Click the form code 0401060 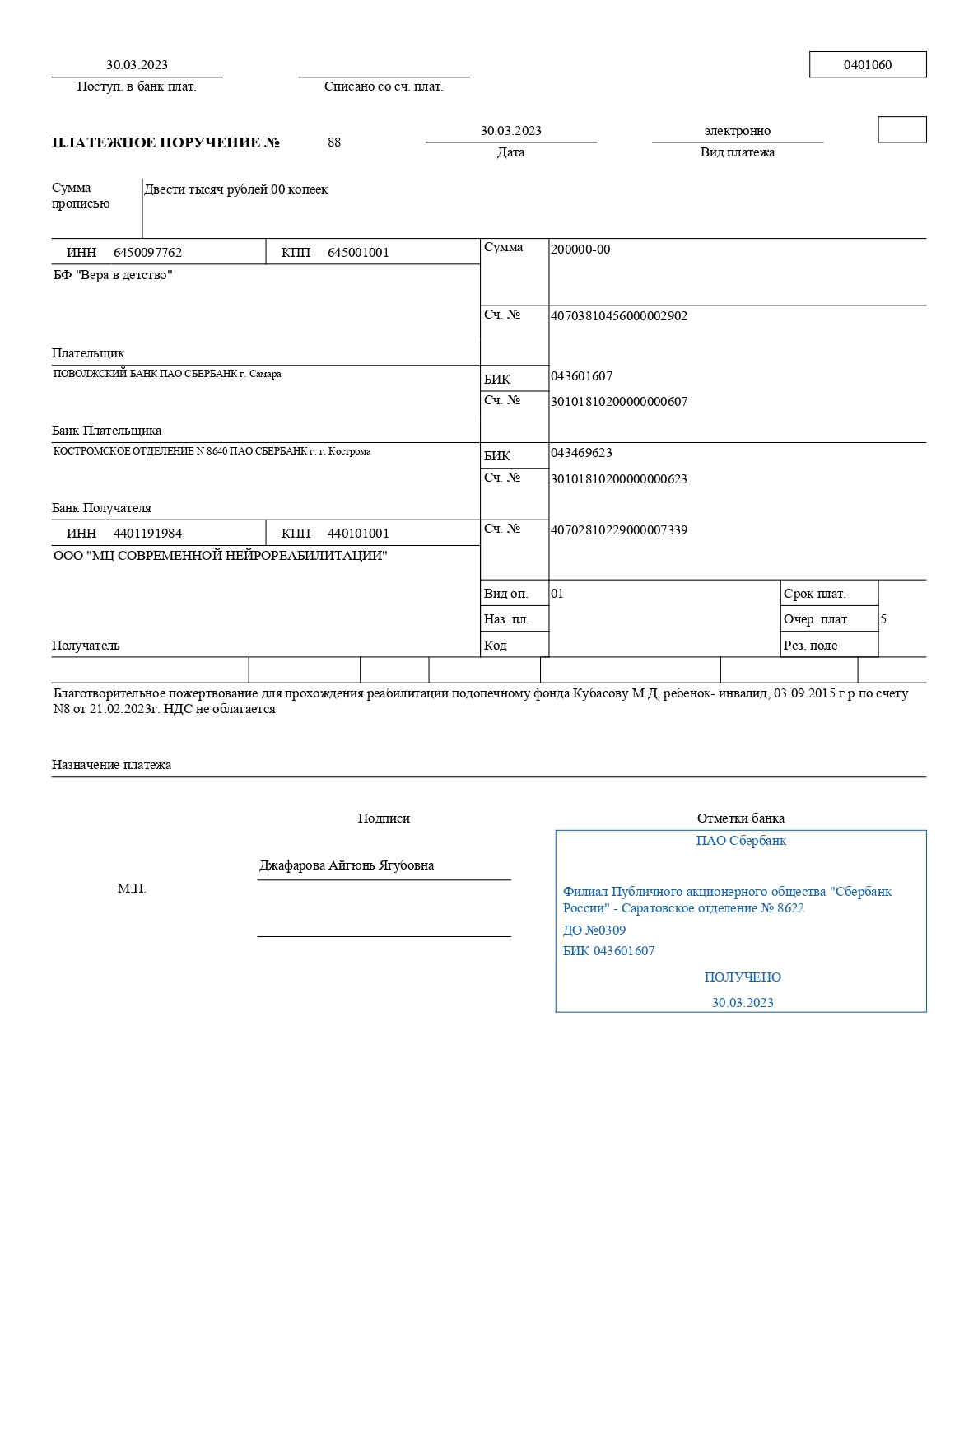867,65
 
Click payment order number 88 334,142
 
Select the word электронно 737,131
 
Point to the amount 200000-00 580,249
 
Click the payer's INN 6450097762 147,253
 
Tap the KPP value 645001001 358,253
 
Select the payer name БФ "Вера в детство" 113,275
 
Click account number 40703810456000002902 618,316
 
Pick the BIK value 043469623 581,453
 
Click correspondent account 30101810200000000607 618,402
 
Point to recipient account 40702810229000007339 618,530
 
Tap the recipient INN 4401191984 147,534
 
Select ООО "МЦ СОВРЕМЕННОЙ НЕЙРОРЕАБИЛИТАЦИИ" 220,556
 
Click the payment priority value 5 883,619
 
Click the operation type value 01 557,594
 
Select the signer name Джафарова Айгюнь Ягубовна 347,865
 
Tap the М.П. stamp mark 132,888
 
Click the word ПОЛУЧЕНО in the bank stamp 743,977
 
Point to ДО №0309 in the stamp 594,930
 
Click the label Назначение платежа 112,765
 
